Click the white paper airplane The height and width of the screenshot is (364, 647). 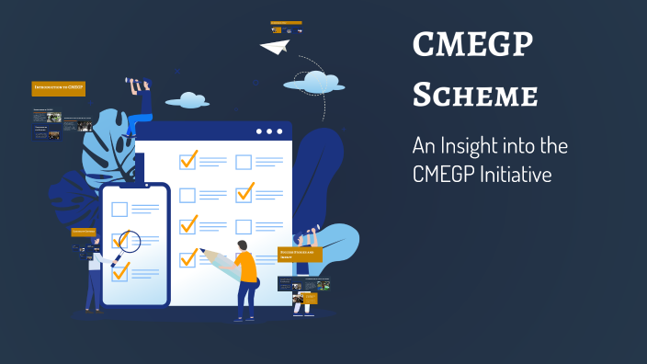click(x=274, y=46)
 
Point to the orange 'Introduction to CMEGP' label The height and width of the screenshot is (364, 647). click(x=58, y=88)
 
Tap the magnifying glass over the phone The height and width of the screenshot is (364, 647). click(x=127, y=243)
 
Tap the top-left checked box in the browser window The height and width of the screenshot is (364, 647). click(x=188, y=161)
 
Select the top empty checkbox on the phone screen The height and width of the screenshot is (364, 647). click(x=119, y=210)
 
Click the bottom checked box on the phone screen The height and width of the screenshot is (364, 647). click(x=120, y=271)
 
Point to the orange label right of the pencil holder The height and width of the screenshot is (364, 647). click(x=300, y=254)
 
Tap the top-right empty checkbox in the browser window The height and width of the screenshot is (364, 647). click(x=244, y=163)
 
